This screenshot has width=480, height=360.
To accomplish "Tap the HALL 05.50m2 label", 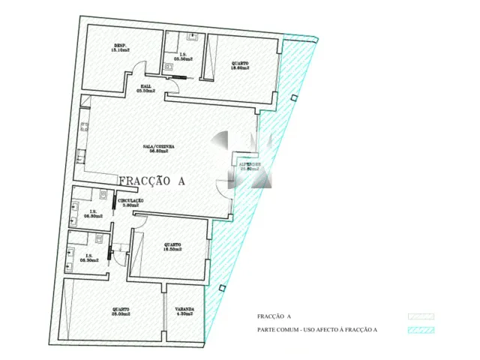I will click(146, 88).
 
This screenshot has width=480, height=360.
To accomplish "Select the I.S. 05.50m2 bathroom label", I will click(181, 55).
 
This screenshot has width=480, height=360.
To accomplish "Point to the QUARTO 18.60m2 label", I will click(240, 65).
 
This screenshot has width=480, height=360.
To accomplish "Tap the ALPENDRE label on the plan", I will click(250, 166).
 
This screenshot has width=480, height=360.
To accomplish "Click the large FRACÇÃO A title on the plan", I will click(151, 181).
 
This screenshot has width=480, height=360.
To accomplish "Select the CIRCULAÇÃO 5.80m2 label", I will click(130, 203).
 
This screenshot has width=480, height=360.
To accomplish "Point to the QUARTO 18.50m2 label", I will click(173, 247).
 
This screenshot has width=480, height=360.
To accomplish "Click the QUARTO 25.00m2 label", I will click(120, 311).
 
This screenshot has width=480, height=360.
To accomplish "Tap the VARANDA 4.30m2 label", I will click(184, 311).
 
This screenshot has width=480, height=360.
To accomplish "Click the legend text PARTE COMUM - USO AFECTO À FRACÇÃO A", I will click(316, 330).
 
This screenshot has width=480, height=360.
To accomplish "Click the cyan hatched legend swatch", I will click(421, 330).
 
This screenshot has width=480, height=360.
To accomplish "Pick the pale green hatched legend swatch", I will click(421, 317).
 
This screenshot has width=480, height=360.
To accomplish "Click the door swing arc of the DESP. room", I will click(134, 75).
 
